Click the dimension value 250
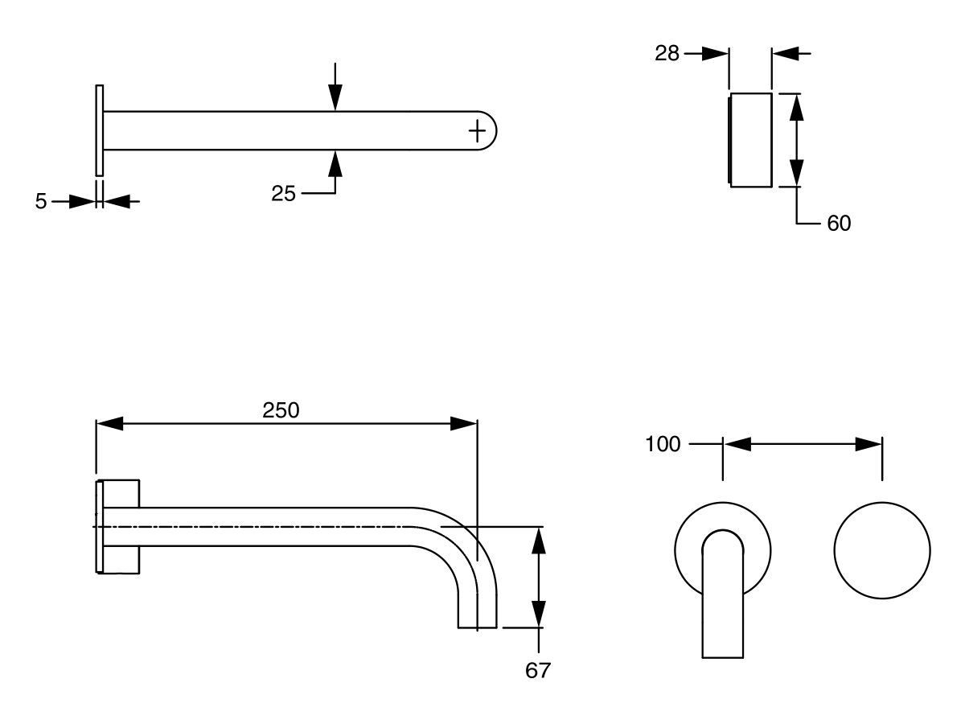[281, 410]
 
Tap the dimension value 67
[537, 670]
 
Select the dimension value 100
[663, 444]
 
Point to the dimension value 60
[838, 223]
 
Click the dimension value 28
[667, 54]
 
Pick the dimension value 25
[283, 193]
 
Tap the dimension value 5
[41, 201]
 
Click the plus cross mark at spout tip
[477, 130]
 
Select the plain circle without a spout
[882, 551]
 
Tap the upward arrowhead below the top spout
[335, 162]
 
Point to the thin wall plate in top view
[100, 130]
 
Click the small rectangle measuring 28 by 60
[750, 140]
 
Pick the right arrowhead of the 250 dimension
[465, 424]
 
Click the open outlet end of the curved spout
[477, 626]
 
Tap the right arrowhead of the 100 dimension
[869, 444]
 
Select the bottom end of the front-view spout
[722, 656]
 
